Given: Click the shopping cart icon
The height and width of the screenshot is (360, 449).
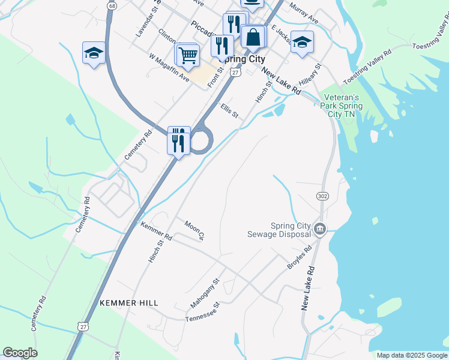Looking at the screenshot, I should (188, 55).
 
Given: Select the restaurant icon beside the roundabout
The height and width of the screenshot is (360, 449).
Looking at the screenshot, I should (178, 140).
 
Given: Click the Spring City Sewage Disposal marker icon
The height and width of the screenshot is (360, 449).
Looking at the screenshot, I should (320, 229).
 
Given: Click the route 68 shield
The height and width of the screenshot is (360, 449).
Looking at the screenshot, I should (112, 5).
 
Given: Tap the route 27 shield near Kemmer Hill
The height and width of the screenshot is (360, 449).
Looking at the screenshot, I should (83, 325).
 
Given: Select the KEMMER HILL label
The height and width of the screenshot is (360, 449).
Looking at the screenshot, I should (129, 303).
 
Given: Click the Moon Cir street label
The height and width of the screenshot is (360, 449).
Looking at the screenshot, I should (195, 230).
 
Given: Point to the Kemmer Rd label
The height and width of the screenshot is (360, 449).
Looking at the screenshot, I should (156, 231).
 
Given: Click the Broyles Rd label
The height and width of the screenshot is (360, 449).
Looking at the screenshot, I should (300, 256).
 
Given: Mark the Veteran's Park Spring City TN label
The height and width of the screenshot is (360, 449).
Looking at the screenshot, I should (341, 106).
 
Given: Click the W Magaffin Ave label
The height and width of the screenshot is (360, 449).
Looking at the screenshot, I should (169, 68).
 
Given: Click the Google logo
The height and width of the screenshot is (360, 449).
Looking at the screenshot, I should (20, 353).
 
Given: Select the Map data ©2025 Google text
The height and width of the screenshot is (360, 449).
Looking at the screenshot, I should (411, 355).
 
